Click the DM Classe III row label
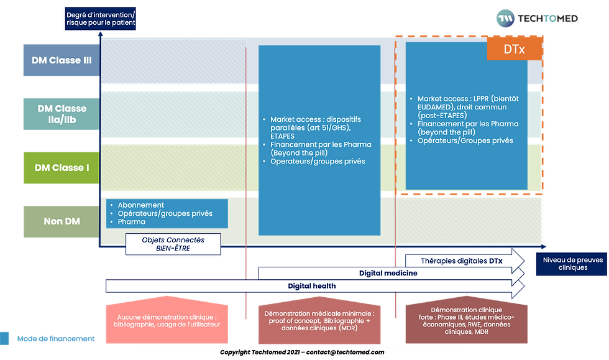point(60,60)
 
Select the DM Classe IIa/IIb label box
point(60,114)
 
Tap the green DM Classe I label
point(60,168)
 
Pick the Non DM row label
point(60,221)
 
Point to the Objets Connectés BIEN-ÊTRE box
point(173,244)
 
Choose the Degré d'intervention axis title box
point(101,19)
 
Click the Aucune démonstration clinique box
point(167,320)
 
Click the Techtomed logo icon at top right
point(505,19)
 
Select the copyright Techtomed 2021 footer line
point(302,352)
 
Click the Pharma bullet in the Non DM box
point(131,221)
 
